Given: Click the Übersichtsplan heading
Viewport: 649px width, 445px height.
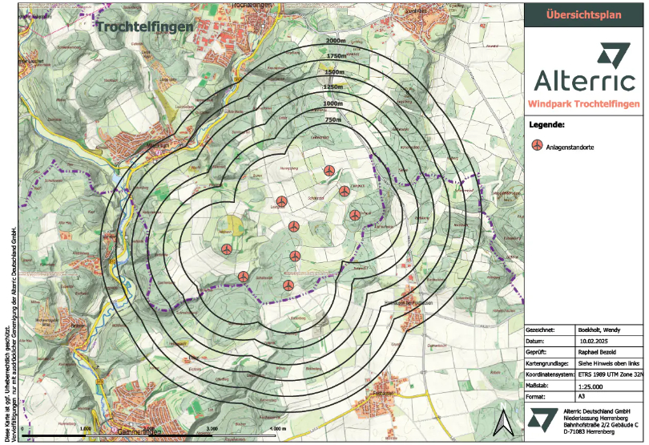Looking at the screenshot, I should click(x=586, y=14).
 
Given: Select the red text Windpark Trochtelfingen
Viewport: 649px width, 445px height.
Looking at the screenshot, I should click(x=586, y=105).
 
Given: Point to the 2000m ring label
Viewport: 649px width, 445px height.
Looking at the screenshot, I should click(x=336, y=42).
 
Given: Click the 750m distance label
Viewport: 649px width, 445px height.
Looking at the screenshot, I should click(x=336, y=119).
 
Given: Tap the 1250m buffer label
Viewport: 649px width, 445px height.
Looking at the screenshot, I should click(x=333, y=87).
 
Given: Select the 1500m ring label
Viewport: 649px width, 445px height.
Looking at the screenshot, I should click(x=336, y=72).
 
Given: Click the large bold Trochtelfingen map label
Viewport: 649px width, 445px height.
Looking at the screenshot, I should click(x=145, y=26).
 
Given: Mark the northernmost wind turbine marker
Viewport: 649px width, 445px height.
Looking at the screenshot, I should click(x=329, y=171).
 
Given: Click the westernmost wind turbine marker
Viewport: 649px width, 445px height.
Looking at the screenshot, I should click(x=227, y=250).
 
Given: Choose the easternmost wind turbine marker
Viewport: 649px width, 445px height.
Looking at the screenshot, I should click(x=355, y=215).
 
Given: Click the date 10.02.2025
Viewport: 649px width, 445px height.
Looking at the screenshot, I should click(x=595, y=340).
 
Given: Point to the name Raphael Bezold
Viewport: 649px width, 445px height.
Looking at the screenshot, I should click(x=600, y=350).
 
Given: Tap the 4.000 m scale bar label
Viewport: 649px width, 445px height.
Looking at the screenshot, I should click(x=278, y=430).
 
